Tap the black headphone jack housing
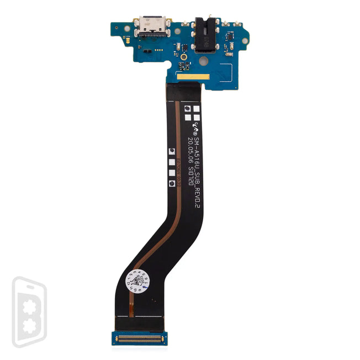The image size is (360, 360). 202,36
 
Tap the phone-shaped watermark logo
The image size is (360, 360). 29,312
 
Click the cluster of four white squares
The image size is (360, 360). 190,113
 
